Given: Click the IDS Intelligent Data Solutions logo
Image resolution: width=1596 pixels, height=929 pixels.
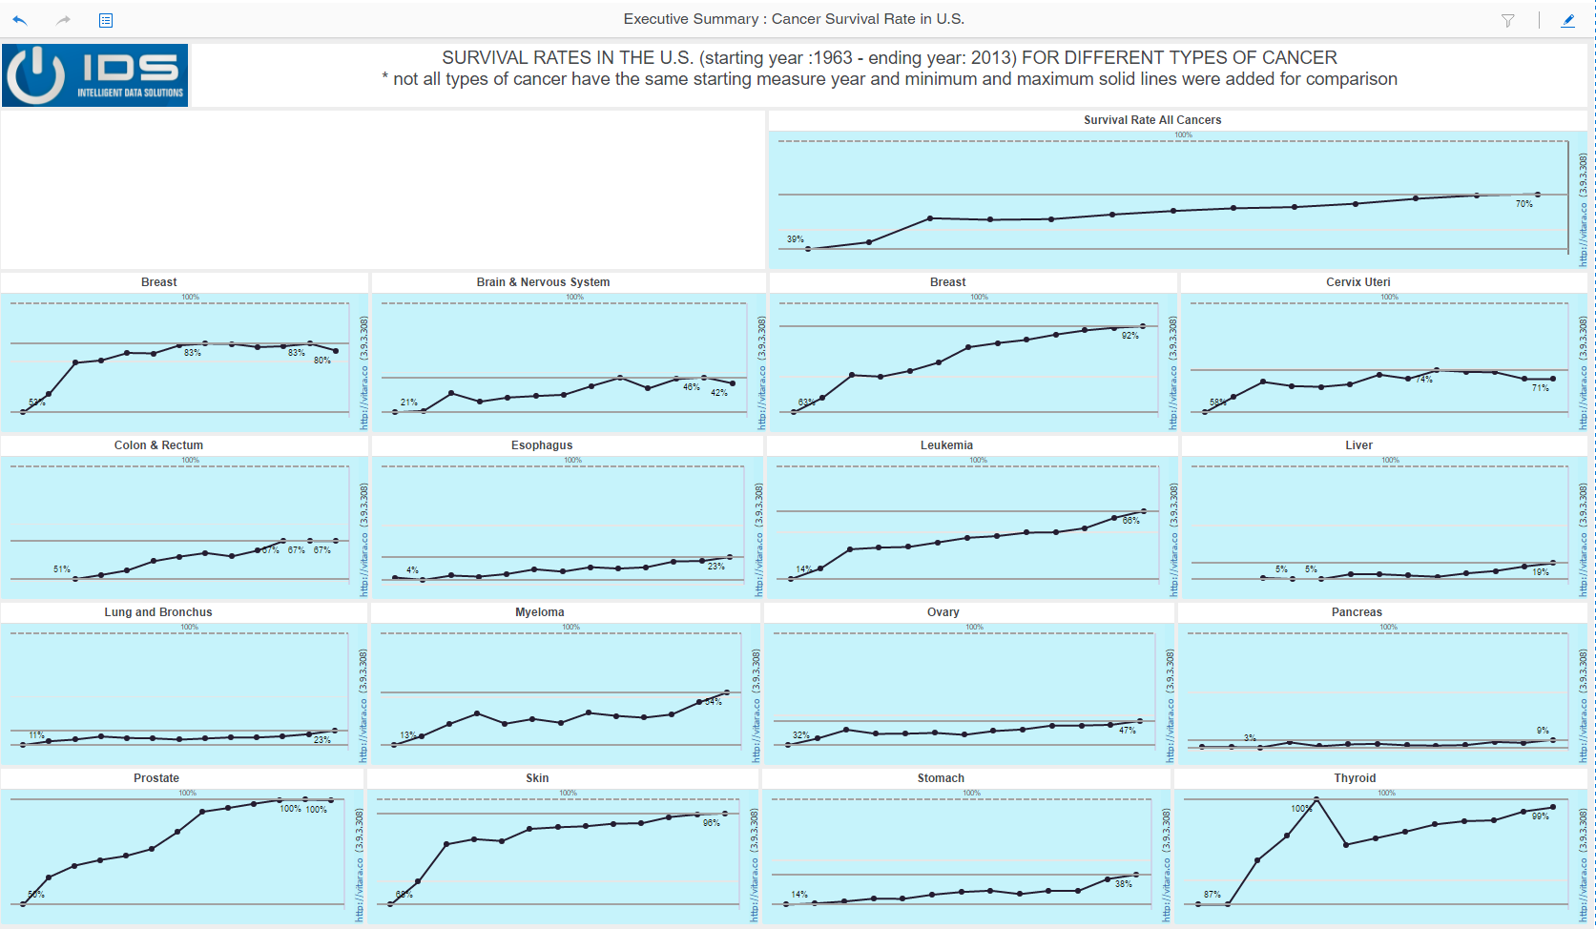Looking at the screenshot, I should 95,74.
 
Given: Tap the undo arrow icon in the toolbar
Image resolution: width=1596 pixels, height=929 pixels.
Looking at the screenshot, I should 20,20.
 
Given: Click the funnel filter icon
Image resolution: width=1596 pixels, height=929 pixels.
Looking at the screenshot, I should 1507,20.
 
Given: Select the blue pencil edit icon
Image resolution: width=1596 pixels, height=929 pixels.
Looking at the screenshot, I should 1567,20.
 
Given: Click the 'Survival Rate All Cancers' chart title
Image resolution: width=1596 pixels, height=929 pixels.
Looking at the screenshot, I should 1152,120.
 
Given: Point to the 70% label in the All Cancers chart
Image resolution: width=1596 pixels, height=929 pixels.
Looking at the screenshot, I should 1523,204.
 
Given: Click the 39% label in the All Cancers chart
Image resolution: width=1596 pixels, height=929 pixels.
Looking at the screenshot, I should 795,239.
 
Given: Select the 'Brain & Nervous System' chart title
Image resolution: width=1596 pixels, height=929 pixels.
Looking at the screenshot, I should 543,282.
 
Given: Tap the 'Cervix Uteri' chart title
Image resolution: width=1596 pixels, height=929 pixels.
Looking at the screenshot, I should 1358,282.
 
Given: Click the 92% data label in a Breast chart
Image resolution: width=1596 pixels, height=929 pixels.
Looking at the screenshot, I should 1130,336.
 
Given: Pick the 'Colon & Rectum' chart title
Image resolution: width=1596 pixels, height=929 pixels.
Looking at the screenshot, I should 158,445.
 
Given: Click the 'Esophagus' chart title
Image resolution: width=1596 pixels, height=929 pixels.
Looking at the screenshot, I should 542,445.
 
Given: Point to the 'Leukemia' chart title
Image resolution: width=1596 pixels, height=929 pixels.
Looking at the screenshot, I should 946,445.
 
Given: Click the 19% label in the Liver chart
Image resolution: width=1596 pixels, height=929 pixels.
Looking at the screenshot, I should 1540,572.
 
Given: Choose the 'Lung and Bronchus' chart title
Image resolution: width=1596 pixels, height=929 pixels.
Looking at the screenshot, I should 158,612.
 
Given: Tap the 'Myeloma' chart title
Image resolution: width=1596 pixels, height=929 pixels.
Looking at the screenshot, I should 540,612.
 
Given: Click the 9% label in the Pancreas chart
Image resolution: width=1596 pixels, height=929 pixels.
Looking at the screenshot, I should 1543,731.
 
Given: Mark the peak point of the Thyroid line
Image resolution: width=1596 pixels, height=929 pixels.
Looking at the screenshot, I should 1316,799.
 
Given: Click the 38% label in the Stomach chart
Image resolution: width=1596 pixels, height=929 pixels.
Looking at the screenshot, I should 1124,884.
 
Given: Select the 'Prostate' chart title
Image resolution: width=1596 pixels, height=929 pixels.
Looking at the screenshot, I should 156,778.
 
